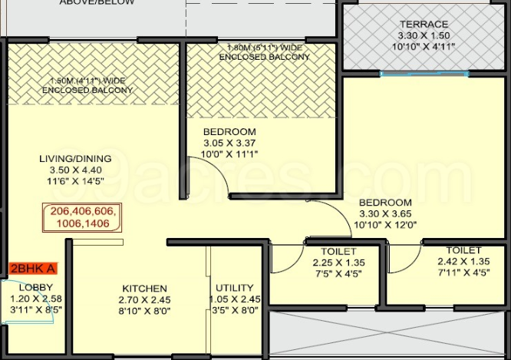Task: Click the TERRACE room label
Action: click(x=424, y=24)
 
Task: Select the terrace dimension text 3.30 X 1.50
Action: click(x=424, y=35)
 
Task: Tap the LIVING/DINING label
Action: click(x=75, y=159)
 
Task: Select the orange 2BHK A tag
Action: click(x=33, y=269)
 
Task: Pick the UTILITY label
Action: click(x=235, y=289)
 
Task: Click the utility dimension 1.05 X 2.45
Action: click(x=235, y=299)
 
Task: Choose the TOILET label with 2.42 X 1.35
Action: click(x=463, y=250)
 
